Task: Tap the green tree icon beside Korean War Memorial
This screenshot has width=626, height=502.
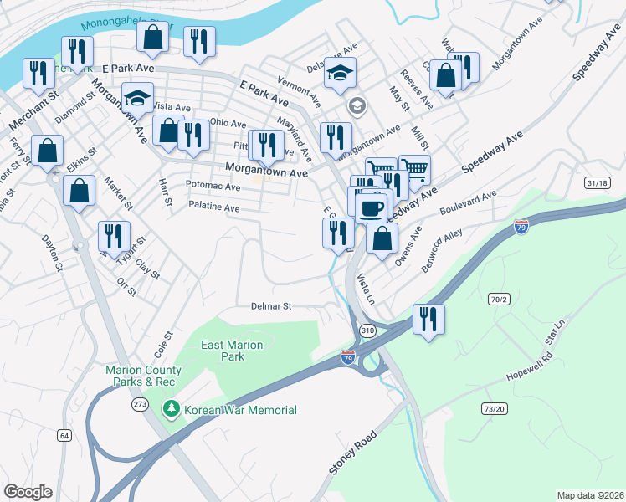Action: tap(172, 409)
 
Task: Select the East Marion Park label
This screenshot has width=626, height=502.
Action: tap(231, 351)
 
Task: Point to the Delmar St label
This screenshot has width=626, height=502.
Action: tap(270, 306)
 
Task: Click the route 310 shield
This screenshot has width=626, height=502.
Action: tap(367, 331)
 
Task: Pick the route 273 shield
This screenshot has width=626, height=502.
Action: tap(140, 404)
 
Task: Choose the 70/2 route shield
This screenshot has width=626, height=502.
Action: tap(500, 298)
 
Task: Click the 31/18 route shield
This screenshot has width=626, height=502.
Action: tap(598, 183)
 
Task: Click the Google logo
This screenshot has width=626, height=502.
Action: tap(28, 492)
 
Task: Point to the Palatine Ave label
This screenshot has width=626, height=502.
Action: tap(214, 207)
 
